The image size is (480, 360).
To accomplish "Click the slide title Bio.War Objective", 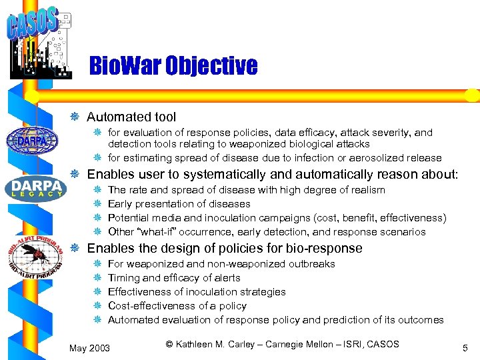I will coord(173,66).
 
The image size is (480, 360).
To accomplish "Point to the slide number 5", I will coord(465,347).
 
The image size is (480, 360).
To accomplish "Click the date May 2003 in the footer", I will coord(90,347).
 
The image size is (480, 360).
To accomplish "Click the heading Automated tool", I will coord(131,117).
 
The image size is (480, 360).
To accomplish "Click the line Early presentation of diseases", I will coord(179,204).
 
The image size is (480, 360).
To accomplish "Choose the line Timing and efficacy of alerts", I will coord(174,278).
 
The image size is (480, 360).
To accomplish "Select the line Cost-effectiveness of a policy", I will coord(177,306).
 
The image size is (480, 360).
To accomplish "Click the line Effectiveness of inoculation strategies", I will coord(197,292).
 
